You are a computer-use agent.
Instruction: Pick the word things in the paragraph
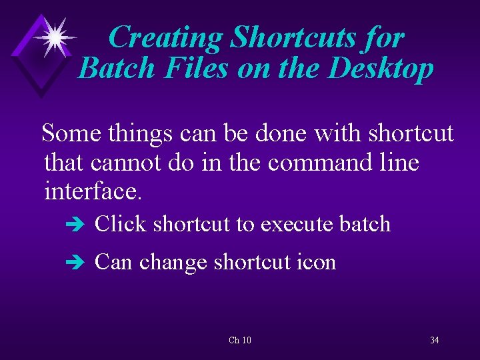pos(138,133)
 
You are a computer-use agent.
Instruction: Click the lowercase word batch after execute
pos(365,224)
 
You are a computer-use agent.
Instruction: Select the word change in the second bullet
pos(173,263)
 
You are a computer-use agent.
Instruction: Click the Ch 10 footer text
pos(240,341)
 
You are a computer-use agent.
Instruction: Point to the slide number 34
pos(434,341)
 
